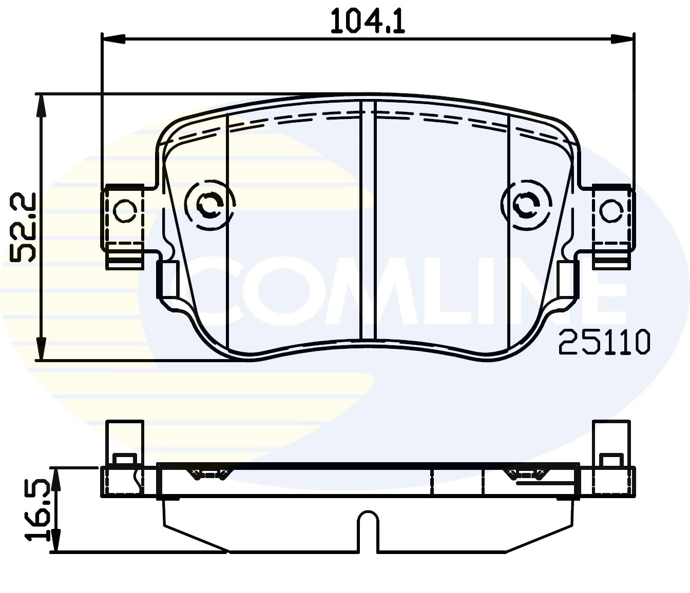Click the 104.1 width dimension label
pyautogui.click(x=368, y=22)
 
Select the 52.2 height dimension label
pyautogui.click(x=24, y=227)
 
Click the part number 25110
pyautogui.click(x=604, y=342)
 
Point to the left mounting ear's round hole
pyautogui.click(x=124, y=211)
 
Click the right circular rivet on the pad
pyautogui.click(x=525, y=205)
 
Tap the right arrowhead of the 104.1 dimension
pyautogui.click(x=622, y=39)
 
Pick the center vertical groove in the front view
pyautogui.click(x=368, y=221)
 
